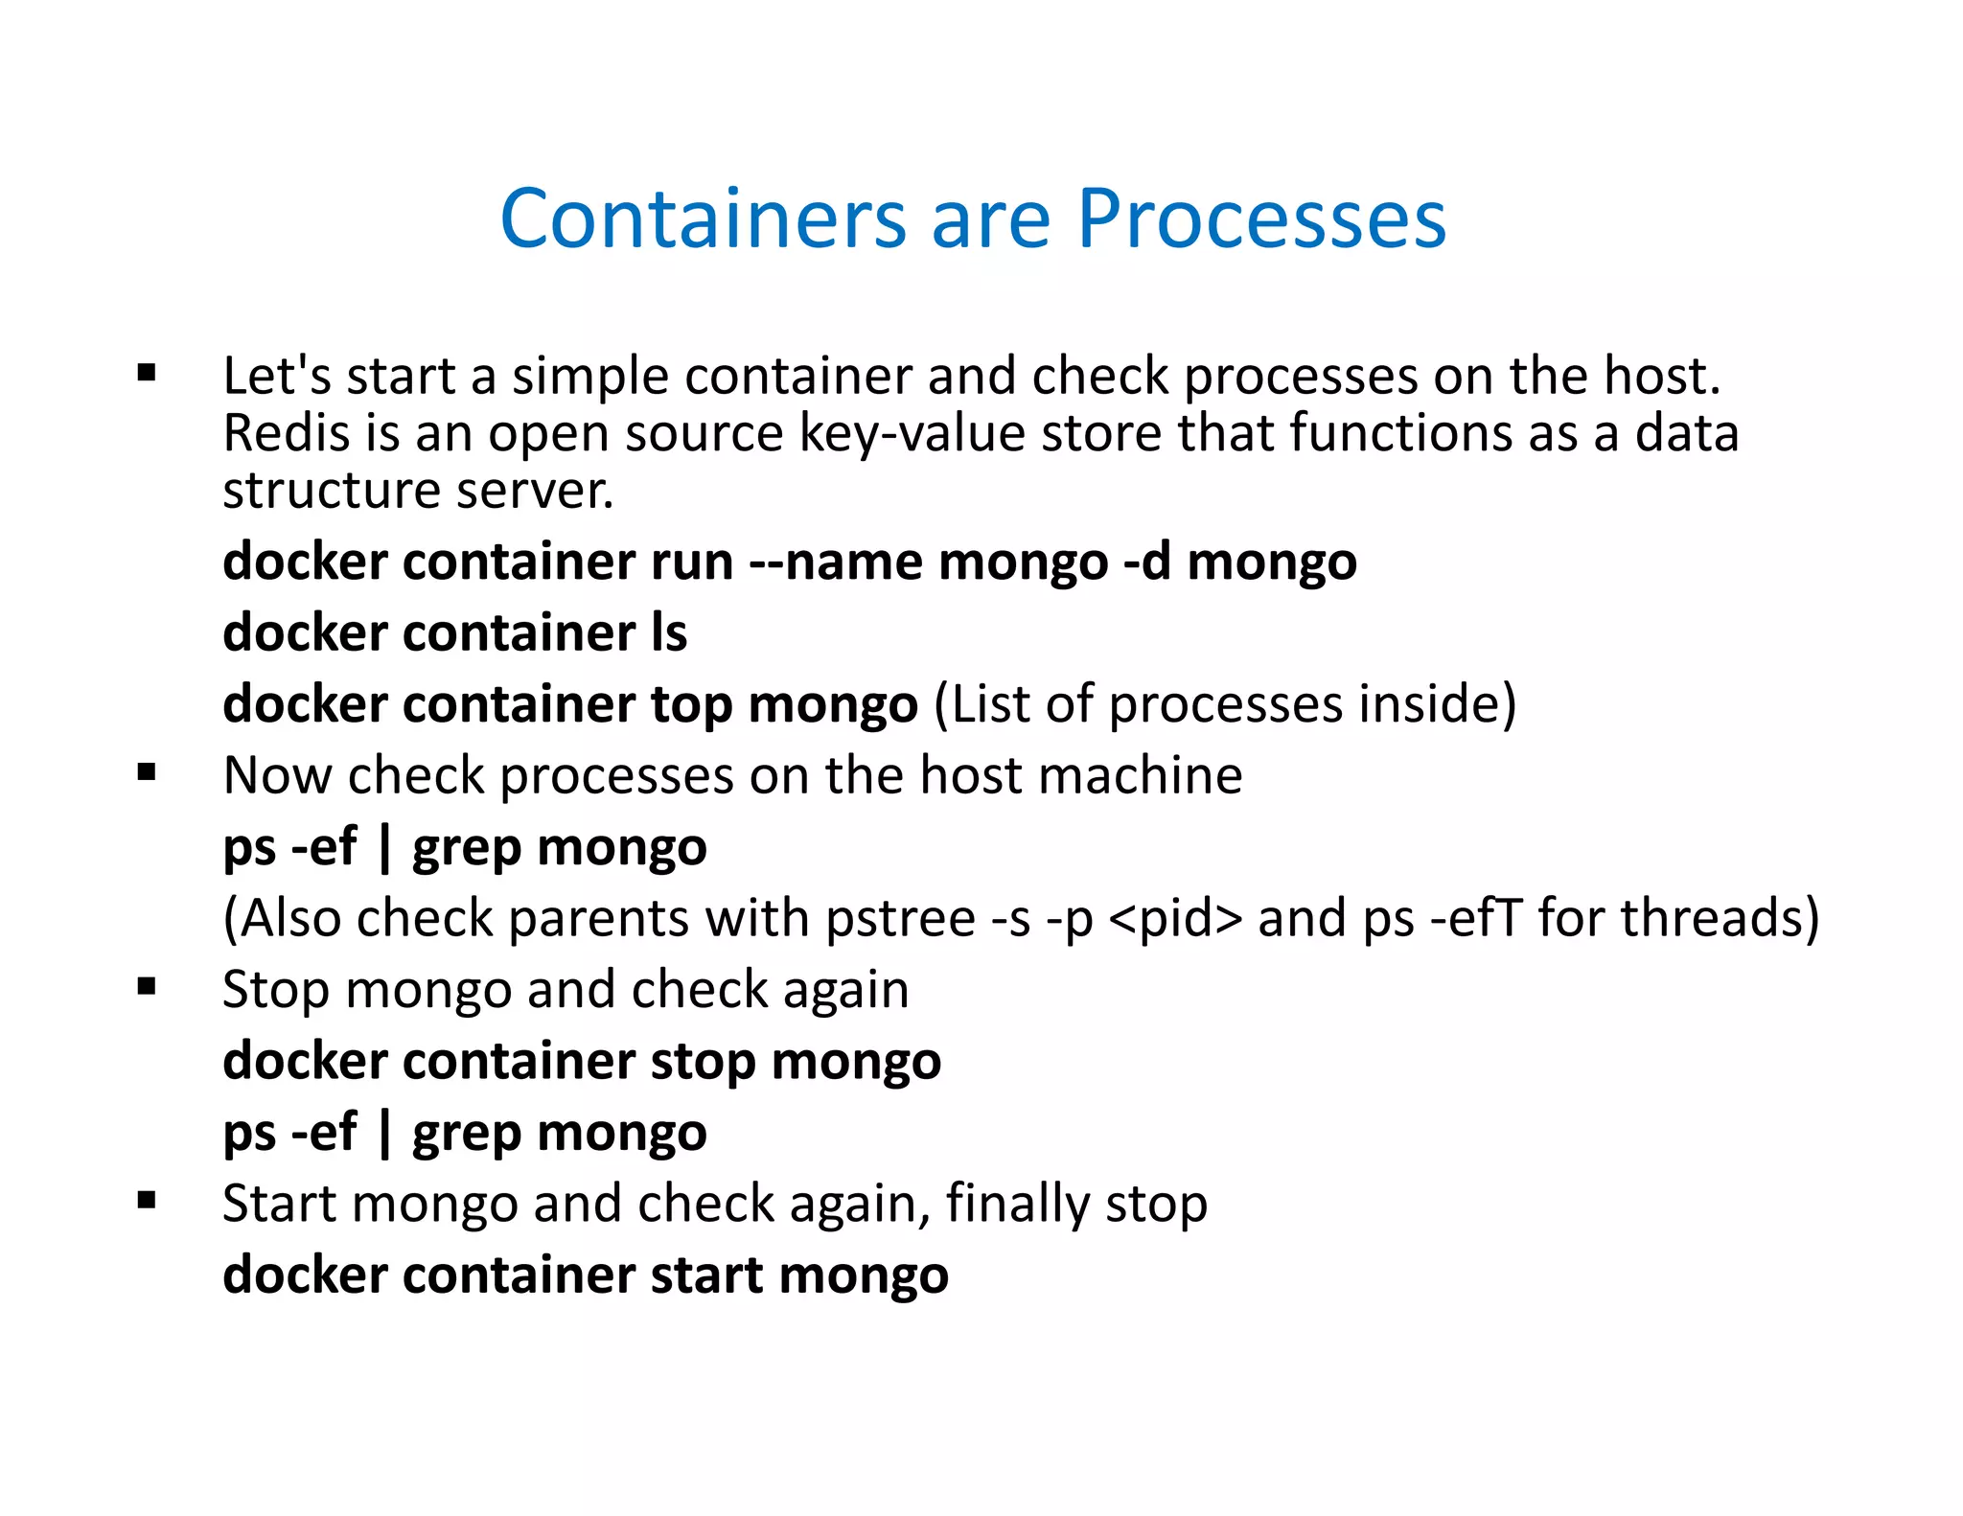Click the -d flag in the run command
tap(1146, 562)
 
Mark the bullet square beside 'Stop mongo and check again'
tap(147, 987)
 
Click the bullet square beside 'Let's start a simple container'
tap(147, 373)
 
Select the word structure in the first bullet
tap(332, 491)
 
